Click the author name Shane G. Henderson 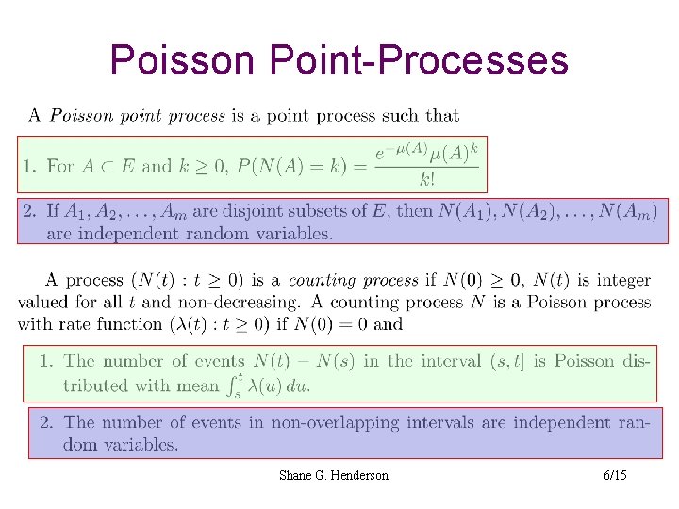(x=333, y=475)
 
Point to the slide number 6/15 (x=615, y=475)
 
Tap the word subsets (x=333, y=211)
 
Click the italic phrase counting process (x=353, y=280)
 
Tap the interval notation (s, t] (x=507, y=361)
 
